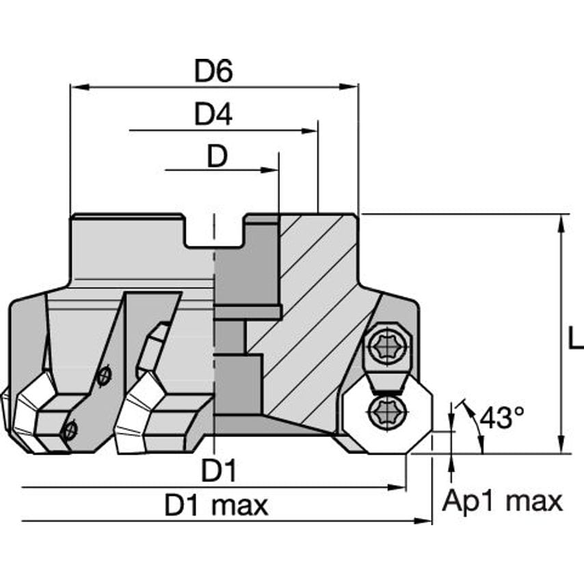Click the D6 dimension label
click(x=213, y=71)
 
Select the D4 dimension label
click(x=213, y=115)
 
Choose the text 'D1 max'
click(x=216, y=506)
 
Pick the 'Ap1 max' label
click(x=502, y=501)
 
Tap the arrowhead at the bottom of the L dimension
click(x=561, y=447)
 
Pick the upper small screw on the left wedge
click(x=104, y=375)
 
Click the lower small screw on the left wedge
click(x=68, y=430)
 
